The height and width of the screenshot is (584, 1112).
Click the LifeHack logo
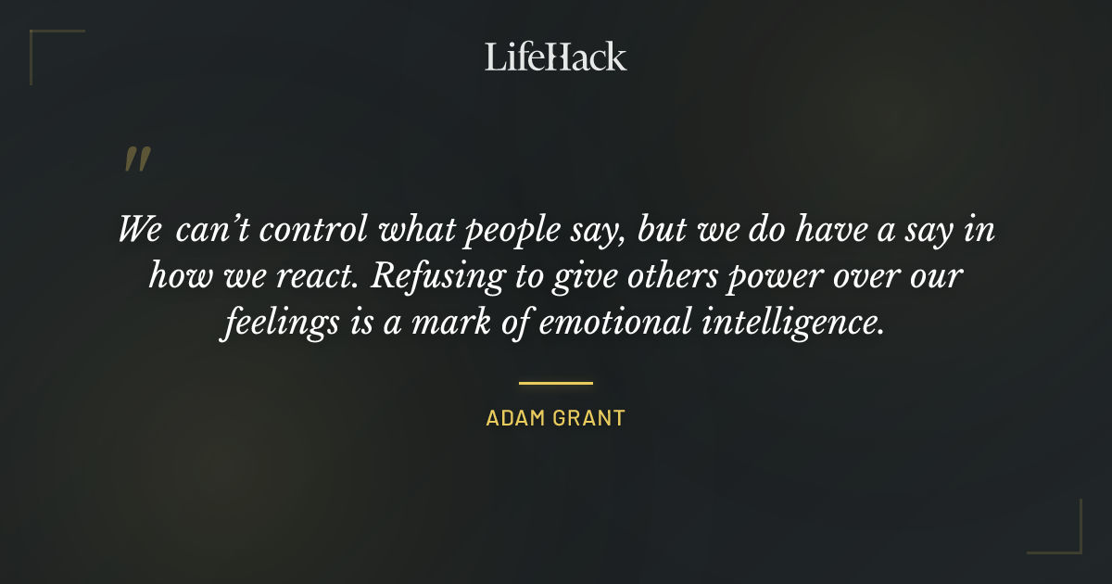point(555,57)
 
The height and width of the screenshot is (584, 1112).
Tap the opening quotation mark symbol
point(136,160)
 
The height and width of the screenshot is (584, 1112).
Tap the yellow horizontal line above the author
point(555,382)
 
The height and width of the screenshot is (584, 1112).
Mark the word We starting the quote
point(140,230)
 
